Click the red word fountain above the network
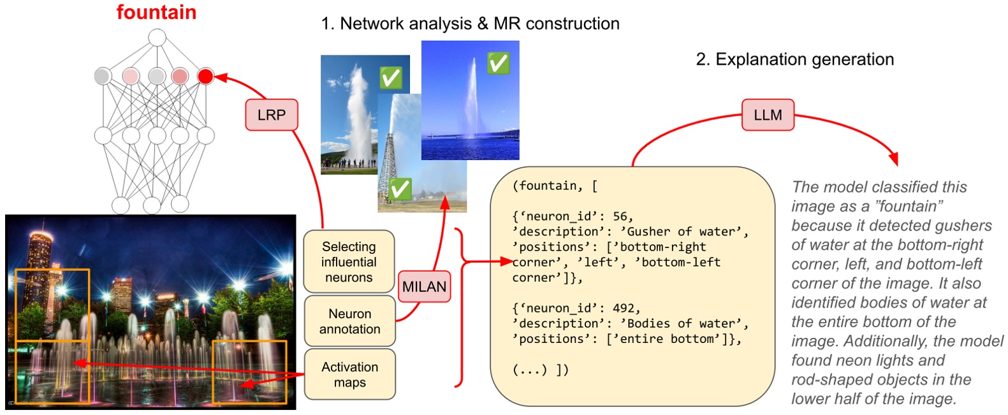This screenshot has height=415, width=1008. click(x=156, y=12)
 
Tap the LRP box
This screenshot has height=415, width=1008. click(x=271, y=115)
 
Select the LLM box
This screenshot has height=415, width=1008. click(x=767, y=115)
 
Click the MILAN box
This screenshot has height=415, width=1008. click(x=424, y=287)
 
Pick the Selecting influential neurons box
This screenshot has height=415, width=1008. click(x=349, y=261)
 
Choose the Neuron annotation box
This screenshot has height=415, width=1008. click(x=349, y=321)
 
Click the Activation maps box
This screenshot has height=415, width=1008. click(x=349, y=374)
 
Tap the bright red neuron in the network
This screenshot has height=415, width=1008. click(x=205, y=76)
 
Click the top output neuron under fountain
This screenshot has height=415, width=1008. click(x=157, y=38)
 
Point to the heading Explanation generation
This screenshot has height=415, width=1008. click(x=805, y=59)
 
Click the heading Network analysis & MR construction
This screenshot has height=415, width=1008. click(x=479, y=24)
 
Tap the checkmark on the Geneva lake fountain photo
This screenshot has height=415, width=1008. click(x=498, y=63)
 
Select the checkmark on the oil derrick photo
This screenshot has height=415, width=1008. click(x=400, y=189)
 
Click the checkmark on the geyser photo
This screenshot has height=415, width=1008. click(x=390, y=78)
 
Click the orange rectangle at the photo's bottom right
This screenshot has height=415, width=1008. click(x=249, y=372)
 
